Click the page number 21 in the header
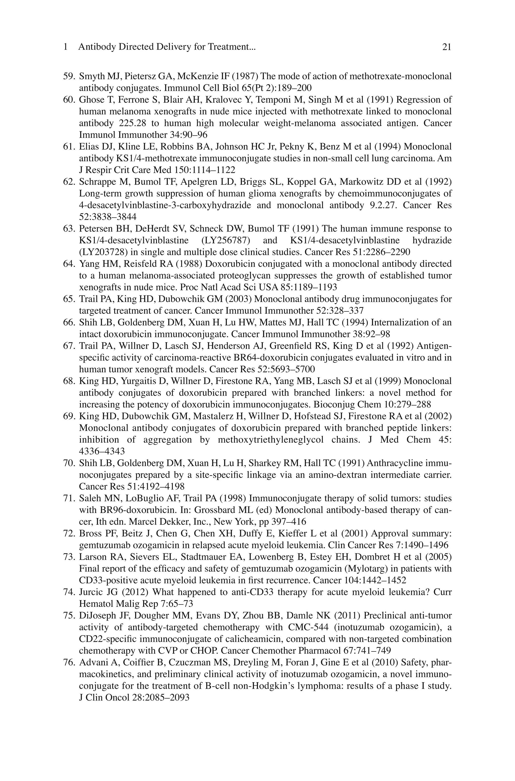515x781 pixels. pyautogui.click(x=447, y=47)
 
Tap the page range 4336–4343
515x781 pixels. pyautogui.click(x=102, y=451)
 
